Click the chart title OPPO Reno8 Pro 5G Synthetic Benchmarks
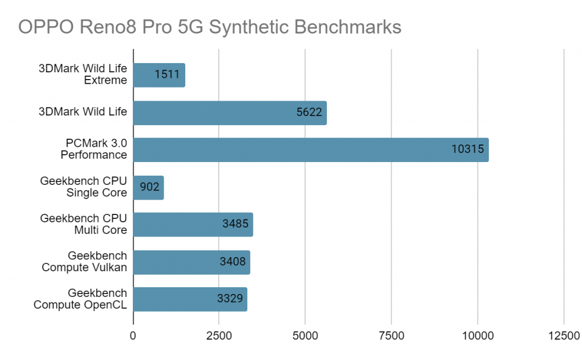(x=210, y=27)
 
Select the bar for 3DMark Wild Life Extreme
(x=159, y=75)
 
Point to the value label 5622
(x=309, y=113)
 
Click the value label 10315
(x=467, y=150)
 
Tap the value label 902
(x=149, y=188)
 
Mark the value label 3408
(x=233, y=262)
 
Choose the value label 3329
(x=230, y=299)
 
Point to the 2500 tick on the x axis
(x=219, y=336)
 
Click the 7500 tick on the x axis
(x=391, y=336)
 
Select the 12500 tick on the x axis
(x=563, y=336)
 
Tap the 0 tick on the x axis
(x=133, y=336)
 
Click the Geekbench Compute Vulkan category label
(x=84, y=262)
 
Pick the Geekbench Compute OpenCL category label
(x=80, y=299)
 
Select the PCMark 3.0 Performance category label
(x=95, y=150)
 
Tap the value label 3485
(x=235, y=225)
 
